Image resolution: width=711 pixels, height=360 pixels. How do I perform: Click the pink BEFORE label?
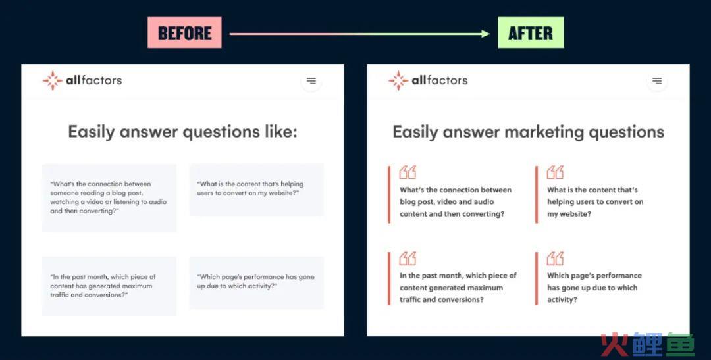coord(184,33)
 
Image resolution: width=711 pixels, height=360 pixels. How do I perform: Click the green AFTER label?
coord(531,33)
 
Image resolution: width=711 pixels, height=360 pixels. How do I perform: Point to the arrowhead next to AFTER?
coord(486,34)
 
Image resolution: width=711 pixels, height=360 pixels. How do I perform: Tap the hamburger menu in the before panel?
coord(311,81)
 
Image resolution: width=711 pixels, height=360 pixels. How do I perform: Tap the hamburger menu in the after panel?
coord(656,81)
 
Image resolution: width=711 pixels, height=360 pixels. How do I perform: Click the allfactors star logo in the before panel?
coord(53,81)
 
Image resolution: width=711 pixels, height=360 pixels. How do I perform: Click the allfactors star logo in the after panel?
coord(398,81)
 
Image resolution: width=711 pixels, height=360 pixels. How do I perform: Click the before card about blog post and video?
coord(109,197)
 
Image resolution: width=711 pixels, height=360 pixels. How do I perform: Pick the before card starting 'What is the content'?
coord(256,190)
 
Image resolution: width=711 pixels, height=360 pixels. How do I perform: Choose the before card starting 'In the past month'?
coord(109,286)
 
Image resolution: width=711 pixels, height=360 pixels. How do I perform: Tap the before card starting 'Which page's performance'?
coord(256,283)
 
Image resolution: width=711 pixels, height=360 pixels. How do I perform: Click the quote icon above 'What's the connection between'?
coord(408,172)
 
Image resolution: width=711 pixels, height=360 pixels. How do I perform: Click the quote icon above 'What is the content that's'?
coord(555,172)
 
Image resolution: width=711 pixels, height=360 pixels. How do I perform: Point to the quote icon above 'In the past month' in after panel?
coord(408,259)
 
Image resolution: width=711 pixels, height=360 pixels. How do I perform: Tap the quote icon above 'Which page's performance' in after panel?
coord(555,259)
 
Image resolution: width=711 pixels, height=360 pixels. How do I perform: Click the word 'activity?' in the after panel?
coord(562,299)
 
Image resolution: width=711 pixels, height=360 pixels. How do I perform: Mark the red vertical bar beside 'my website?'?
coord(537,195)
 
